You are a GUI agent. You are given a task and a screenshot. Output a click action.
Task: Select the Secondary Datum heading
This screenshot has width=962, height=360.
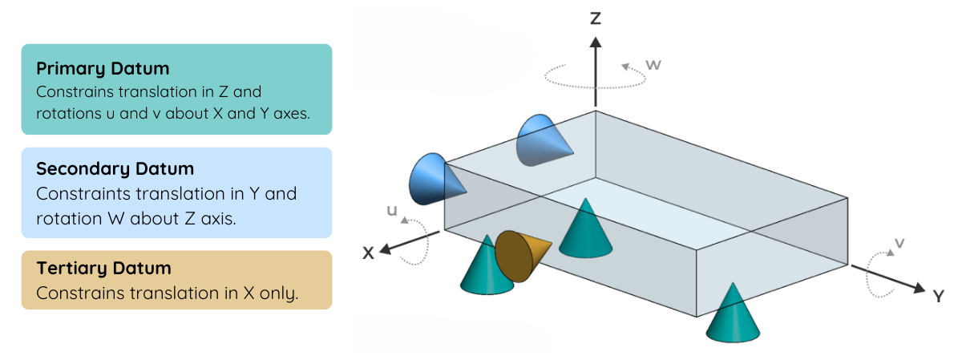[115, 169]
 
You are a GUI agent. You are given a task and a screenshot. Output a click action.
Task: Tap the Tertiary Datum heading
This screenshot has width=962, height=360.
[103, 269]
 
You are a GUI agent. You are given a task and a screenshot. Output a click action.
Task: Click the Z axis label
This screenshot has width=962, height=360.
[595, 18]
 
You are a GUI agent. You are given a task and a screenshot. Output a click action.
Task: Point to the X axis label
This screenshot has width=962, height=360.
[368, 253]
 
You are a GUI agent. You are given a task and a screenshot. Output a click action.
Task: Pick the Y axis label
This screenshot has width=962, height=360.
[938, 297]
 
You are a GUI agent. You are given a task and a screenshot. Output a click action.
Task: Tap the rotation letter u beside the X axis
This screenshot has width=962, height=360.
[391, 211]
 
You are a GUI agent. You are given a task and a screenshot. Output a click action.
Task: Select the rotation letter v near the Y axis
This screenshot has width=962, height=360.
[899, 243]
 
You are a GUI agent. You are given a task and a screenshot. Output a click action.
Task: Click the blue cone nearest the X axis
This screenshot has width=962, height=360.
[433, 180]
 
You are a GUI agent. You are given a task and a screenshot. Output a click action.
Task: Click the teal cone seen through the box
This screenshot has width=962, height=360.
[587, 229]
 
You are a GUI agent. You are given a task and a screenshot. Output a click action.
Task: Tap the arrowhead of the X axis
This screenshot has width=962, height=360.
[386, 249]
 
